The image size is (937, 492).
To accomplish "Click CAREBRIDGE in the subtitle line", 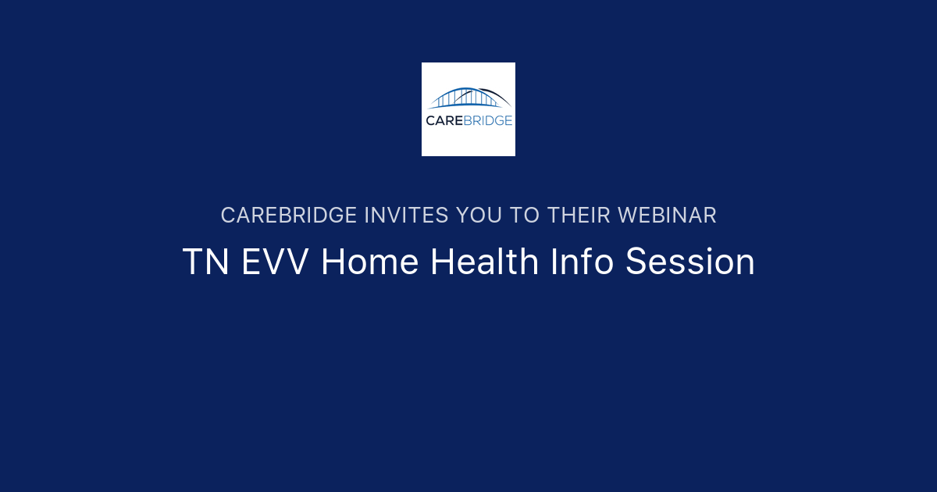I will (288, 216).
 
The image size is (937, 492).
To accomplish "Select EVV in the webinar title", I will (276, 262).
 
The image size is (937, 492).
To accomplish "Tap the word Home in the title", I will (370, 262).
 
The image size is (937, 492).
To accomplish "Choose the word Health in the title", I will (485, 262).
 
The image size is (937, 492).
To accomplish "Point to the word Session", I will (690, 262).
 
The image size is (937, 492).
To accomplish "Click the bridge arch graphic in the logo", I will (468, 98).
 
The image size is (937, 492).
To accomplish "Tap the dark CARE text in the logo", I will (445, 120).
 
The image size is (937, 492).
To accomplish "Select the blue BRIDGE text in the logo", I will (488, 120).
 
